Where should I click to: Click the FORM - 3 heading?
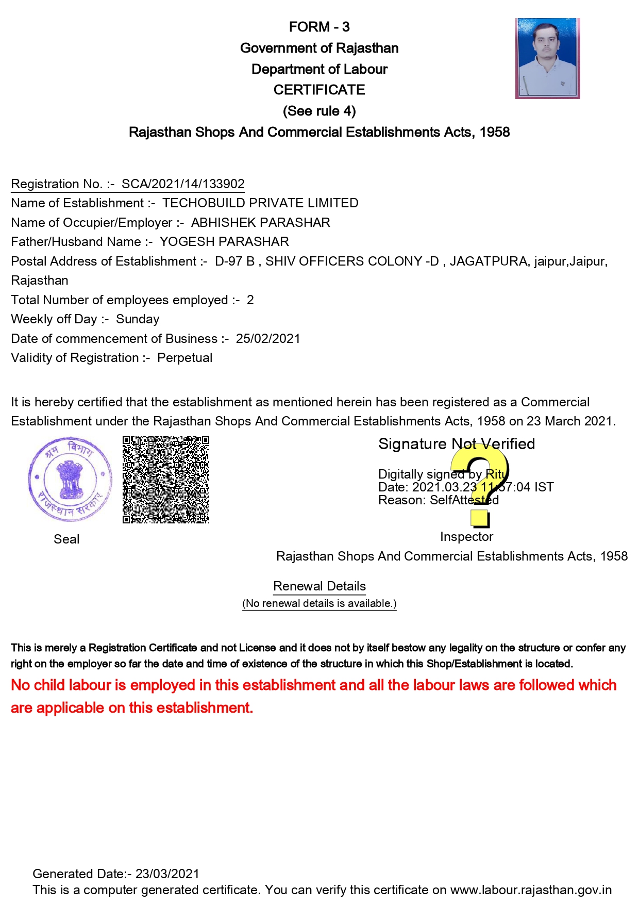(319, 27)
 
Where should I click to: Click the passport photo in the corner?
(547, 58)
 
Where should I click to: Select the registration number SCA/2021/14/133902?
(183, 184)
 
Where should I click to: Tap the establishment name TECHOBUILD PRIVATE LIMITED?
(260, 203)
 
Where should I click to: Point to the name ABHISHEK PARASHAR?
(260, 223)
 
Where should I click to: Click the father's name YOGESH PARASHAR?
(224, 242)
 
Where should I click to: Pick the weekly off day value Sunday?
(138, 319)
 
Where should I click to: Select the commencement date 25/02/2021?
(268, 339)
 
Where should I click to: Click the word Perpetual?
(184, 358)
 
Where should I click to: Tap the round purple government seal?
(70, 480)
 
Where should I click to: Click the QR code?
(166, 480)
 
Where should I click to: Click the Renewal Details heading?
(320, 586)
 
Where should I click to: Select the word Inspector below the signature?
(466, 537)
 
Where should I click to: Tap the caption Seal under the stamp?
(66, 539)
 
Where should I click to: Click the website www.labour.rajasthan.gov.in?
(531, 890)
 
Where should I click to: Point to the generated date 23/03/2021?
(167, 874)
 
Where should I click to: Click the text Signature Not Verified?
(457, 444)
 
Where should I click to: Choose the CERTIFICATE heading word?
(319, 90)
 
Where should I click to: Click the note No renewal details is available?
(320, 603)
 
